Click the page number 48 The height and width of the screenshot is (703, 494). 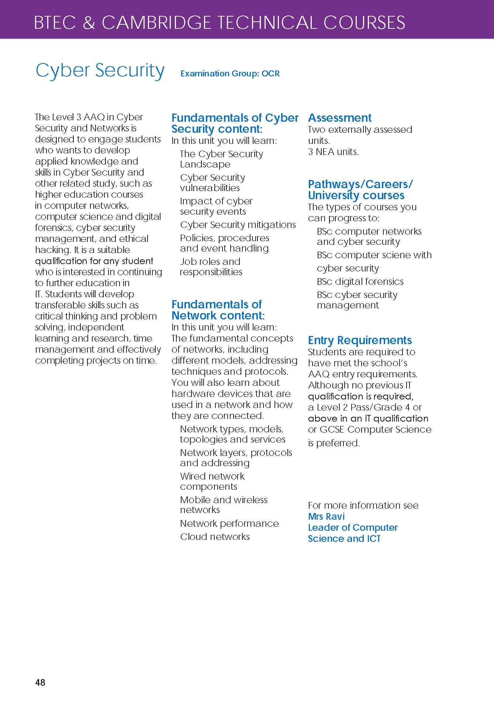pyautogui.click(x=40, y=682)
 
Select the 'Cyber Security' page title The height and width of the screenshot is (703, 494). pyautogui.click(x=100, y=70)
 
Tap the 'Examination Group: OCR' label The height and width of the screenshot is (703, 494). pyautogui.click(x=230, y=73)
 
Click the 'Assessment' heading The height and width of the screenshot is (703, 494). pyautogui.click(x=340, y=118)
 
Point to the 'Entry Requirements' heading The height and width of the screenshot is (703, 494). pyautogui.click(x=360, y=340)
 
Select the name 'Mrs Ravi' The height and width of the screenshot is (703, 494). pyautogui.click(x=326, y=516)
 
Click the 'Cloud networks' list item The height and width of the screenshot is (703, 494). pyautogui.click(x=215, y=537)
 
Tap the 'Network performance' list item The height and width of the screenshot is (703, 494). pyautogui.click(x=229, y=523)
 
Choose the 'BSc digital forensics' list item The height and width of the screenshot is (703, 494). pyautogui.click(x=360, y=281)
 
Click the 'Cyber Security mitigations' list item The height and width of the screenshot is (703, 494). pyautogui.click(x=238, y=225)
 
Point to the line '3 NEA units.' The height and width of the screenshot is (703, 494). pyautogui.click(x=333, y=152)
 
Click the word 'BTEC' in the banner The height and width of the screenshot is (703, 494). pyautogui.click(x=55, y=22)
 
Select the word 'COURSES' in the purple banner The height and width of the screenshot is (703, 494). pyautogui.click(x=364, y=22)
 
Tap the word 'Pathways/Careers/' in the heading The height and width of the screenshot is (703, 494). pyautogui.click(x=360, y=184)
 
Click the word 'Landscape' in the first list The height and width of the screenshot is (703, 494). pyautogui.click(x=205, y=164)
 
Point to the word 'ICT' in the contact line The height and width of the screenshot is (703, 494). pyautogui.click(x=373, y=538)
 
